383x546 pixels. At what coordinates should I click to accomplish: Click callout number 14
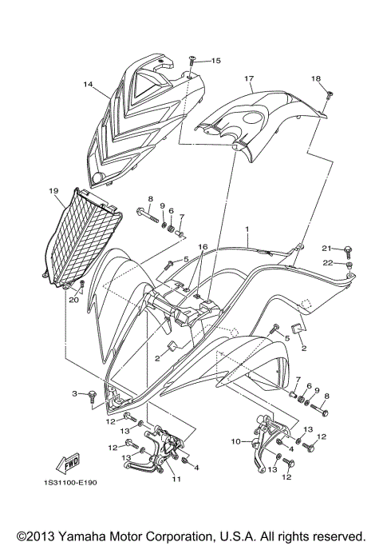tap(88, 82)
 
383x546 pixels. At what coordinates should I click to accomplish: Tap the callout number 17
tap(249, 78)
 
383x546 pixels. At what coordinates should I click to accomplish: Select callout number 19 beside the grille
tap(53, 191)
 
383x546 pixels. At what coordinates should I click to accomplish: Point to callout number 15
tap(216, 61)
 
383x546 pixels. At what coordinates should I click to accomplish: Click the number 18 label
tap(316, 78)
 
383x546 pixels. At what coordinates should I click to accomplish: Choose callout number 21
tap(326, 248)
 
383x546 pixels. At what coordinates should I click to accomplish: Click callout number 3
tap(74, 394)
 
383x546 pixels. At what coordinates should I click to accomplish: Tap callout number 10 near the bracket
tap(236, 440)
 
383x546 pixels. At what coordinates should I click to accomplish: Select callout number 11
tap(176, 479)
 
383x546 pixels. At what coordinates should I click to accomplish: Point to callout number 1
tap(249, 229)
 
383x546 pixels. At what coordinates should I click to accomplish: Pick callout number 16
tap(203, 247)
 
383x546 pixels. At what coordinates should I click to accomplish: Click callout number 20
tap(73, 300)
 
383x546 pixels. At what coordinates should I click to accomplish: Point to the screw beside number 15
tap(193, 61)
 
